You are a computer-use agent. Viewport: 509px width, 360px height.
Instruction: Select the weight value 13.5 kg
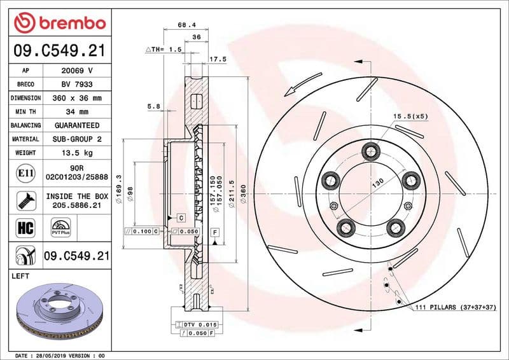[77, 153]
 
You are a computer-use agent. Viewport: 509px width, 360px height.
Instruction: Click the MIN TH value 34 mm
[77, 112]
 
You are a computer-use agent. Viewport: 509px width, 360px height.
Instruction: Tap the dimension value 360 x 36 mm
[77, 98]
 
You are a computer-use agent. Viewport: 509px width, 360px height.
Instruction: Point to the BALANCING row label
[25, 125]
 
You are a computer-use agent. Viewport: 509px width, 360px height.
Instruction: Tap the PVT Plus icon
[60, 228]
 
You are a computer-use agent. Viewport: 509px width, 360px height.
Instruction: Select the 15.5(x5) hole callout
[410, 116]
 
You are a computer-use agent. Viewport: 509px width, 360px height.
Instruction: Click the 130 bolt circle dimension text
[378, 183]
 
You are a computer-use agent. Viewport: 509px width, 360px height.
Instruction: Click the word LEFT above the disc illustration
[22, 276]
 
